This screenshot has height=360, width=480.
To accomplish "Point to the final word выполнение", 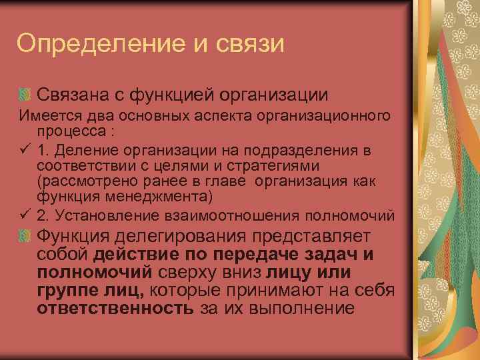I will pos(296,308).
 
